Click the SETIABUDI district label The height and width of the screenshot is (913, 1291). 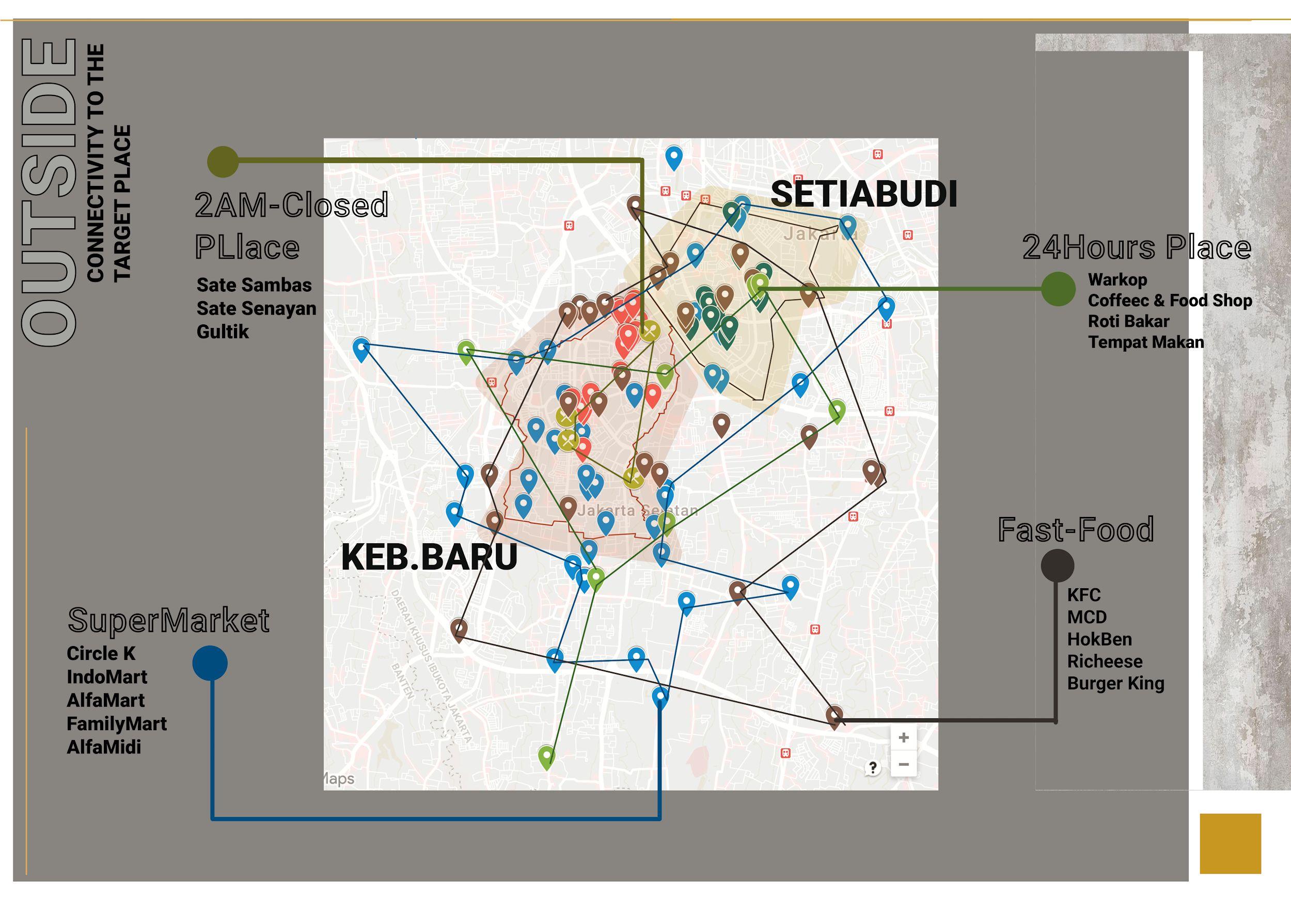coord(863,195)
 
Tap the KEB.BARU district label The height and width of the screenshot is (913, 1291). coord(429,557)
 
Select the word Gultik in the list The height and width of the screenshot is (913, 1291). coord(223,332)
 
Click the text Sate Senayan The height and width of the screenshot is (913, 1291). coord(257,308)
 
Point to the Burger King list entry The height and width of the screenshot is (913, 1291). coord(1115,684)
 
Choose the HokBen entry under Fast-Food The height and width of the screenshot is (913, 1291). coord(1099,639)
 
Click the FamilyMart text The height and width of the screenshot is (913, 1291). coord(117,723)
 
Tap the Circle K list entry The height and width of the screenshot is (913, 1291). coord(101,653)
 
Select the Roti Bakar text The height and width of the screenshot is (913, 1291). coord(1128,321)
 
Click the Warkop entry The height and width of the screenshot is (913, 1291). coord(1117,279)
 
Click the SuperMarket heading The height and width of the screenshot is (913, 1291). coord(169,621)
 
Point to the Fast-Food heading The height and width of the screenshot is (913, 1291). coord(1076,530)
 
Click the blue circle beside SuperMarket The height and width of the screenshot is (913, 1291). coord(210,663)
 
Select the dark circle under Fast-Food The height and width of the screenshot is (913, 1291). coord(1057,565)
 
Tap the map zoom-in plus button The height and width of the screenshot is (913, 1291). coord(904,737)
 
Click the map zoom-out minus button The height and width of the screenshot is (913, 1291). coord(904,765)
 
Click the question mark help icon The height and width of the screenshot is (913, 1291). coord(873,768)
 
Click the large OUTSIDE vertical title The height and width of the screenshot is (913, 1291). coord(49,191)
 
